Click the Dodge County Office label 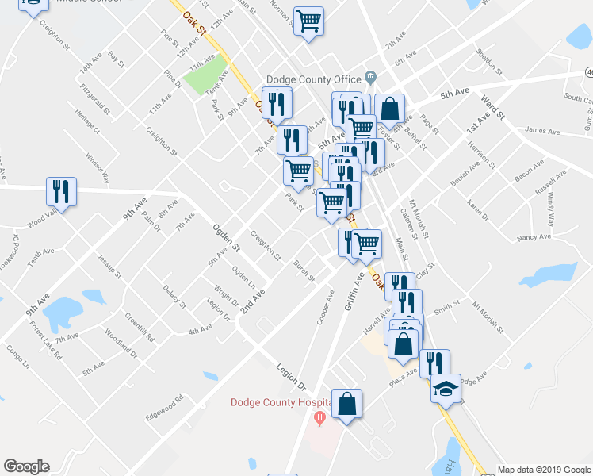tap(314, 79)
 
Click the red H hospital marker tap(320, 417)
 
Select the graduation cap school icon tap(446, 389)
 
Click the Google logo tap(26, 466)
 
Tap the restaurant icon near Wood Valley tap(61, 191)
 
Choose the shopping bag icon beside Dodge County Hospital tap(346, 403)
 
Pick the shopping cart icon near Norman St tap(308, 21)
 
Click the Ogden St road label tap(226, 237)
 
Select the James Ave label tap(543, 130)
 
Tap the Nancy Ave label tap(533, 237)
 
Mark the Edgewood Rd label tap(164, 404)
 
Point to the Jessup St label tap(109, 267)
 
